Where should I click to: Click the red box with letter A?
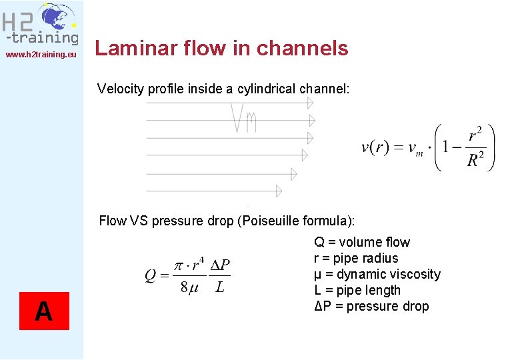[44, 311]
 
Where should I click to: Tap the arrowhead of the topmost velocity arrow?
[310, 103]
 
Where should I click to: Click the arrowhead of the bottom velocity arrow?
[277, 191]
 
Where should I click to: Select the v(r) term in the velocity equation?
[375, 148]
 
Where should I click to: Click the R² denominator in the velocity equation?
[475, 160]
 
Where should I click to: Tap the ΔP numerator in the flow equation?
[220, 265]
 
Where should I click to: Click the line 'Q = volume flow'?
[362, 242]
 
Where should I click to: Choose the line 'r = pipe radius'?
[356, 258]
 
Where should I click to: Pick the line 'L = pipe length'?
[357, 290]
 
